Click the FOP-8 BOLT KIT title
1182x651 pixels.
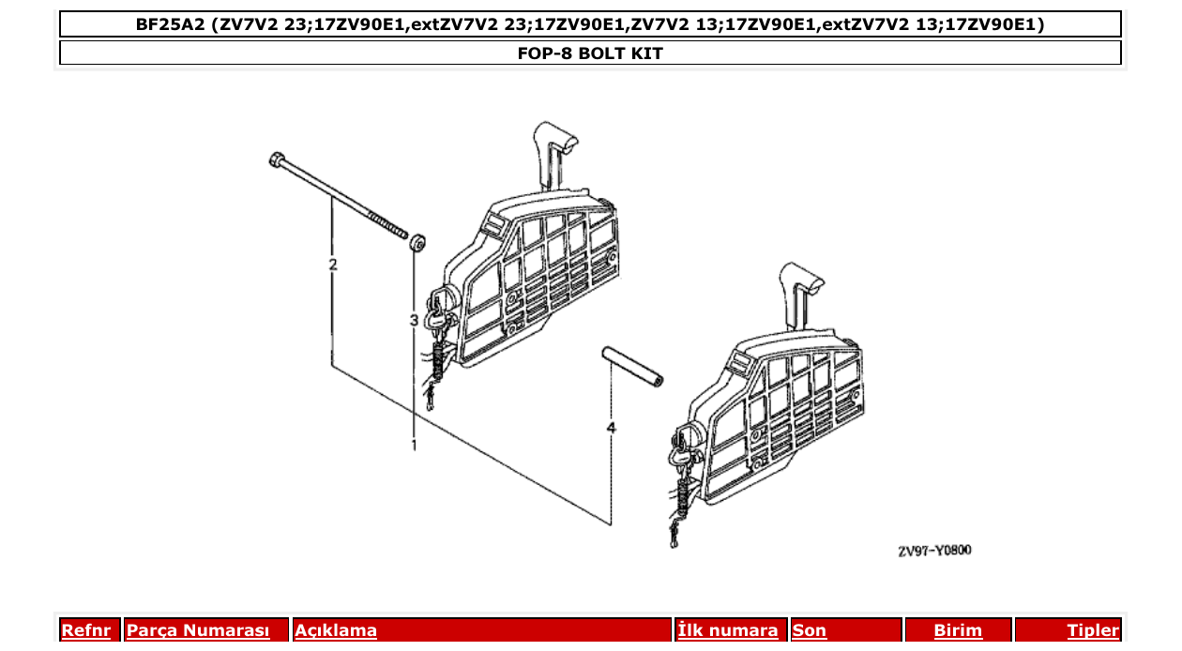[590, 53]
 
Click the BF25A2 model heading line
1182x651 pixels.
[590, 24]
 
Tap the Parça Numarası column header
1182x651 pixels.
[198, 630]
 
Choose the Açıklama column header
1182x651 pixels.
[336, 630]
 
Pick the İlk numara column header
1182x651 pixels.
[727, 630]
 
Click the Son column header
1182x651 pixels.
[810, 630]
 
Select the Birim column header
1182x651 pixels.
[958, 630]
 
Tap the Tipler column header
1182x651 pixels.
[1093, 630]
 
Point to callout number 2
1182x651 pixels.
[332, 265]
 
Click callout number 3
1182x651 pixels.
[414, 321]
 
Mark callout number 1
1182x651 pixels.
[414, 446]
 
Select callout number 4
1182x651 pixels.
[612, 428]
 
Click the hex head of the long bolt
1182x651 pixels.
[277, 159]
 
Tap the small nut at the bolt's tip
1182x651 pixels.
[418, 242]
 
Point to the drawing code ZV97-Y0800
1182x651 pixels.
[934, 551]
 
